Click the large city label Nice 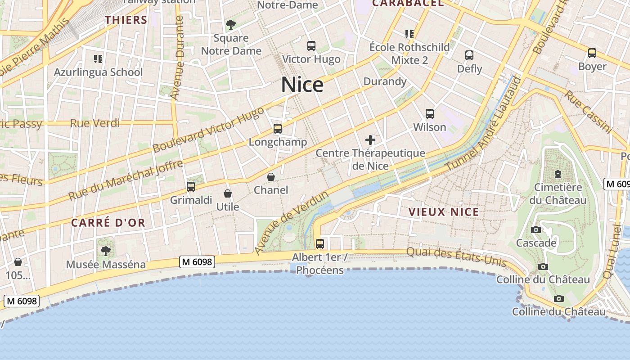click(x=302, y=85)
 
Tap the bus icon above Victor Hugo click(x=311, y=46)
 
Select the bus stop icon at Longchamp click(x=278, y=129)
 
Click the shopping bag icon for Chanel click(x=271, y=177)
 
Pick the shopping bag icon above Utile click(x=228, y=194)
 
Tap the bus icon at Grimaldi click(x=191, y=186)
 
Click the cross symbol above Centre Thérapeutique click(x=370, y=140)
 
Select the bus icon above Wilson click(x=430, y=114)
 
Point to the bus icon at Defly click(x=469, y=55)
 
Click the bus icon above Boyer click(x=592, y=54)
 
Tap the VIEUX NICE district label click(x=443, y=212)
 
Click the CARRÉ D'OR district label click(x=108, y=223)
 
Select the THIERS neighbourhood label click(x=126, y=20)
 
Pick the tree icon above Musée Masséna click(x=106, y=251)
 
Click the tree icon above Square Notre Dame click(x=231, y=25)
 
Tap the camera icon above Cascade click(x=535, y=230)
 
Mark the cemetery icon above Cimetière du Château click(x=558, y=174)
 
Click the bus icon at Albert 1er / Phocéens click(x=320, y=244)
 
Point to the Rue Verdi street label click(x=95, y=123)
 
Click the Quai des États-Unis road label click(x=457, y=257)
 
